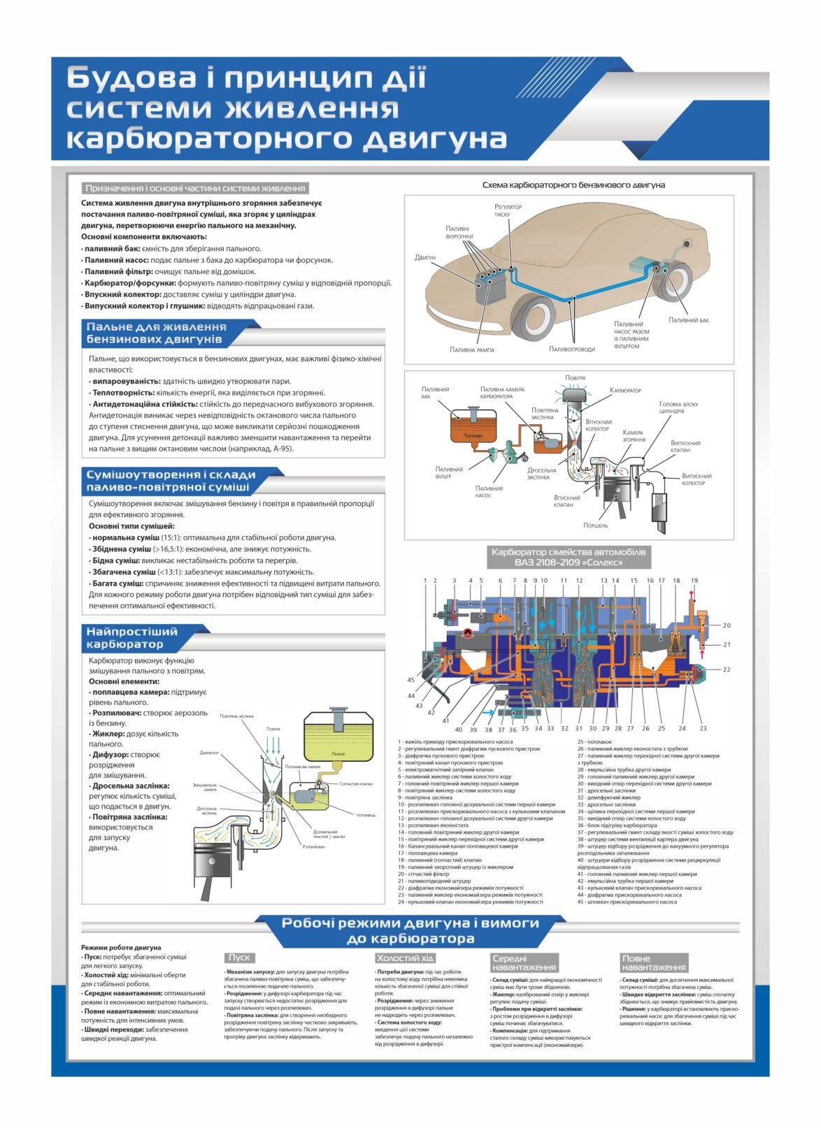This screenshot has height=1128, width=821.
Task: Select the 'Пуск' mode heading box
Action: (239, 957)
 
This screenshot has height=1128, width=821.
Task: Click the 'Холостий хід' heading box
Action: (405, 957)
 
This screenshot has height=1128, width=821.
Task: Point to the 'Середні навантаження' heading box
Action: (524, 962)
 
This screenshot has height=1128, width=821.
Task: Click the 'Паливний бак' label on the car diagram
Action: (688, 320)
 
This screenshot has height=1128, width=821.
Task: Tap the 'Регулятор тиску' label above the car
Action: (508, 210)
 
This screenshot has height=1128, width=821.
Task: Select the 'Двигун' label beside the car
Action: (424, 258)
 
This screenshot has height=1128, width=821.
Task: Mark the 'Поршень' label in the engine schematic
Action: (595, 525)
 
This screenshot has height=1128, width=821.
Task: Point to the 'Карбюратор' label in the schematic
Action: (625, 390)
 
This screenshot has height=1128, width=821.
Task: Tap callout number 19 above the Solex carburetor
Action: (694, 581)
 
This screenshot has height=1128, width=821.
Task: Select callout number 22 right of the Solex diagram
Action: (727, 670)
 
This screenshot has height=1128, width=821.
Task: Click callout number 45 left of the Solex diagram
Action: (410, 679)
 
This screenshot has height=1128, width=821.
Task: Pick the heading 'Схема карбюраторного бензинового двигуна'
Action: (573, 185)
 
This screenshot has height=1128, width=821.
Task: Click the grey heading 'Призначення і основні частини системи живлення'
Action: (195, 188)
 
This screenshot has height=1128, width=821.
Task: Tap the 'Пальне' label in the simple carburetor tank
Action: (338, 753)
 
